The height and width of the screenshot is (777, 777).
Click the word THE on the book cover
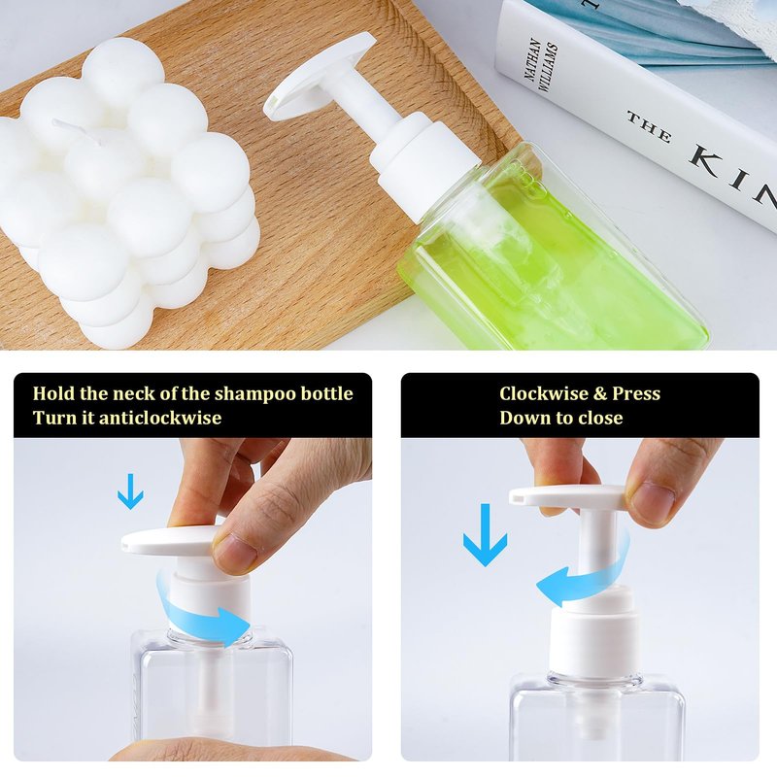click(x=649, y=127)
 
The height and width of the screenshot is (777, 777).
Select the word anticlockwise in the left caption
click(x=160, y=418)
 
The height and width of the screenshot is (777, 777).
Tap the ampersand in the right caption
click(x=600, y=394)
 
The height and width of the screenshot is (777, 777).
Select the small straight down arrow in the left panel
click(x=131, y=491)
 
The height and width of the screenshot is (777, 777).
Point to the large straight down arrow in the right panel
click(x=485, y=536)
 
